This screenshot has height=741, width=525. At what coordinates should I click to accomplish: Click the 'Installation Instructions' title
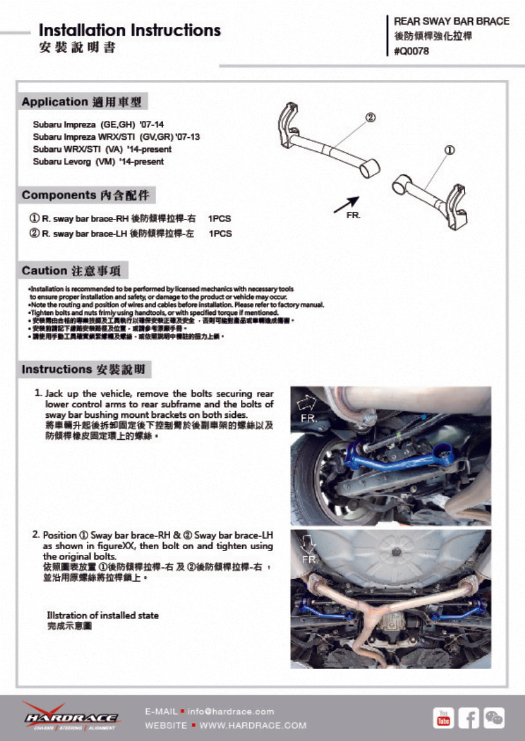point(129,30)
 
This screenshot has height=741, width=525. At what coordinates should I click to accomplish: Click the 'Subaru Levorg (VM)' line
point(99,162)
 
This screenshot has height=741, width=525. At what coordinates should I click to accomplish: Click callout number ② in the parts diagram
point(370,118)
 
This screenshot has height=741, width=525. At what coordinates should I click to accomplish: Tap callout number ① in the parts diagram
point(450,150)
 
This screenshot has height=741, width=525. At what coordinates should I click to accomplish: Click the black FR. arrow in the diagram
point(346,204)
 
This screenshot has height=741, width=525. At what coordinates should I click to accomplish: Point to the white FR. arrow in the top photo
point(306,404)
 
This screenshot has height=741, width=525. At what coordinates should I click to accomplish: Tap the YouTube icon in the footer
point(443,717)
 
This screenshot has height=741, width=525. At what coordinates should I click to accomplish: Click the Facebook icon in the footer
point(468,717)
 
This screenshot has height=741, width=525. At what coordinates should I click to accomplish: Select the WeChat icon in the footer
point(494,717)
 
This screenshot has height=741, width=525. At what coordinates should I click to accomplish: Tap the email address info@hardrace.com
point(231,711)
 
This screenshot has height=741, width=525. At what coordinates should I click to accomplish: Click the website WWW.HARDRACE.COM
point(253,726)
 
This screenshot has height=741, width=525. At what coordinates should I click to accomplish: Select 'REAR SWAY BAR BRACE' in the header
point(451,21)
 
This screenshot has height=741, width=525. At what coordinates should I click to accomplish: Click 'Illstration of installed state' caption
point(103,615)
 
